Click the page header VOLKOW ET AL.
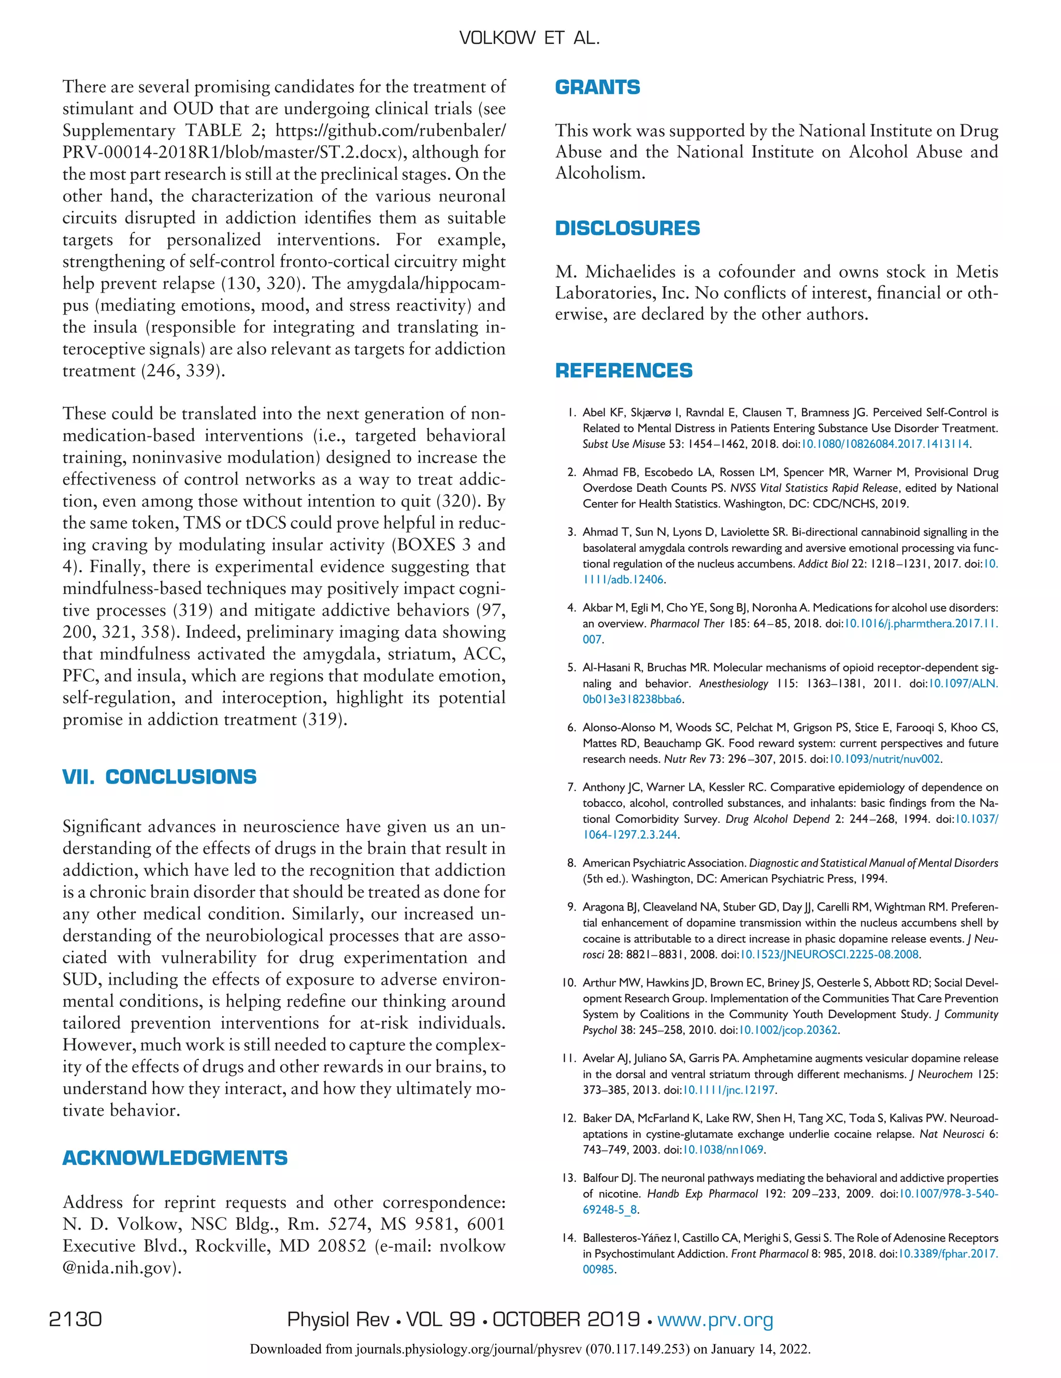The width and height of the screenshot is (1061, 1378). (x=529, y=38)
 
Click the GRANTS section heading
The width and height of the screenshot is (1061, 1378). (x=597, y=87)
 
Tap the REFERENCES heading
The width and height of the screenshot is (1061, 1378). (x=623, y=371)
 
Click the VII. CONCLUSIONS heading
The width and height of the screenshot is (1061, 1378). (x=159, y=777)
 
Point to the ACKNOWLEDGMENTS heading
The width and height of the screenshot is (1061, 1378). (x=175, y=1158)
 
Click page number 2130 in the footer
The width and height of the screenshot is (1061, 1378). (x=75, y=1319)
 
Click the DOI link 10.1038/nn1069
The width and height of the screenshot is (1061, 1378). (x=724, y=1149)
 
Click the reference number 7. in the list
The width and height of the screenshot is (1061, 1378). (x=571, y=787)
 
